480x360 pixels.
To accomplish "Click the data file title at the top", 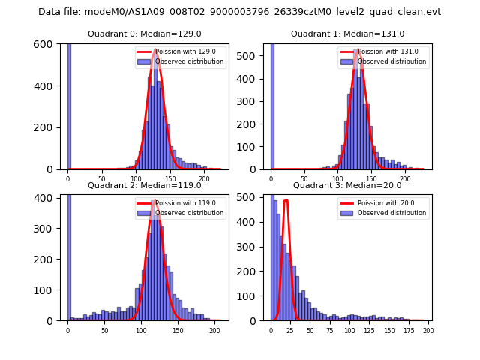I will pyautogui.click(x=239, y=12).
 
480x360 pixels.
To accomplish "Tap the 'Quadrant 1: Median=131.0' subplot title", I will pyautogui.click(x=347, y=34).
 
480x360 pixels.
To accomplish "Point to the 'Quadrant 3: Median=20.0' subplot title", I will pyautogui.click(x=347, y=185).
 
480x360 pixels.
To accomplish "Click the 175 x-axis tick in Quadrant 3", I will pyautogui.click(x=409, y=329).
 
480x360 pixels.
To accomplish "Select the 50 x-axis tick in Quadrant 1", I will pyautogui.click(x=304, y=178).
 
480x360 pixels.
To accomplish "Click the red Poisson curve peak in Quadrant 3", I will pyautogui.click(x=286, y=200).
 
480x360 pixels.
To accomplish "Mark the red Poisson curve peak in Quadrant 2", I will pyautogui.click(x=155, y=200).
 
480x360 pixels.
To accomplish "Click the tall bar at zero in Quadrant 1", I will pyautogui.click(x=272, y=105).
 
